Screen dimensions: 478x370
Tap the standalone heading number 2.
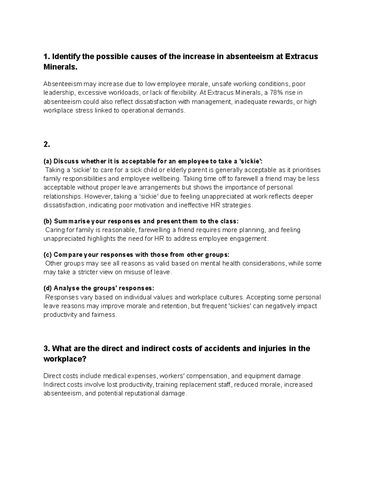point(47,144)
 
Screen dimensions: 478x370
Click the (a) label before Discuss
point(48,161)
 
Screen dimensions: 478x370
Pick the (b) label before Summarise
point(48,221)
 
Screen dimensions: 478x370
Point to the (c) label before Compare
point(48,255)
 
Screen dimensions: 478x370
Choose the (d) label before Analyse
point(48,288)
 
